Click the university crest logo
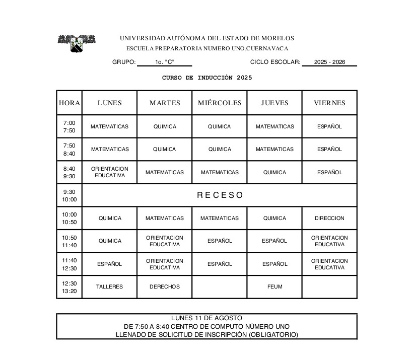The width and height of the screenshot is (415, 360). pos(77,43)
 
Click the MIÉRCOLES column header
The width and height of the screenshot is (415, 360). pos(220,103)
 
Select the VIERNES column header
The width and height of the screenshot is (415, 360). pos(329,103)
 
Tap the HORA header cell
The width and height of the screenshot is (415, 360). pos(70,103)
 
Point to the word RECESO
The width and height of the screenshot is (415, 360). pos(220,195)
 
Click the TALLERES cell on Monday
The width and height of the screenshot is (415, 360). pos(109,286)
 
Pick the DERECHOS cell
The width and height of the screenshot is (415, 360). pos(165,286)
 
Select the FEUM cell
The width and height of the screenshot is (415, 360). pos(275,286)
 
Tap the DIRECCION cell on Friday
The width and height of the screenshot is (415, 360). pos(329,218)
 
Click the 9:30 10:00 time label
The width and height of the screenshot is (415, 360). pos(70,195)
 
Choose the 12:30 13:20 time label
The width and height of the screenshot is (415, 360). pos(70,287)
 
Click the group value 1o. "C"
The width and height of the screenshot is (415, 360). pos(165,62)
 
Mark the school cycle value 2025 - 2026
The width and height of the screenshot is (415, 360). pos(329,62)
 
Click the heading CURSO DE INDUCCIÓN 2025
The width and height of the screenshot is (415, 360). pos(207,78)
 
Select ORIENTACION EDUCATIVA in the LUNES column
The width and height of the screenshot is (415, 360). pos(110,172)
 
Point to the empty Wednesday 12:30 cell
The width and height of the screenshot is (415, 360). pos(220,286)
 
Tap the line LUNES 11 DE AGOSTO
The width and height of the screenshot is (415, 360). pos(206,318)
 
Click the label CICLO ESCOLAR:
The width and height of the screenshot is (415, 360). pos(275,62)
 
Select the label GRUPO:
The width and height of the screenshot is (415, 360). pos(124,62)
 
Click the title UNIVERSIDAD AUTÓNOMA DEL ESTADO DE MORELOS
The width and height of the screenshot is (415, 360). pos(207,38)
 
